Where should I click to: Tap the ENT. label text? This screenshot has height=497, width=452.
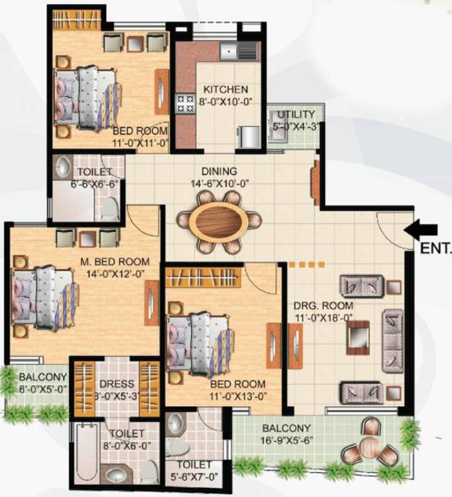(435, 248)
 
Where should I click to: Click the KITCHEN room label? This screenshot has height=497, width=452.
(225, 89)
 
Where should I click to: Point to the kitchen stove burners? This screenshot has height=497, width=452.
(185, 102)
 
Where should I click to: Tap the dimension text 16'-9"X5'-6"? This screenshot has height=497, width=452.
(286, 441)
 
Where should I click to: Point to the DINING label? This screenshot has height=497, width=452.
(219, 171)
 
